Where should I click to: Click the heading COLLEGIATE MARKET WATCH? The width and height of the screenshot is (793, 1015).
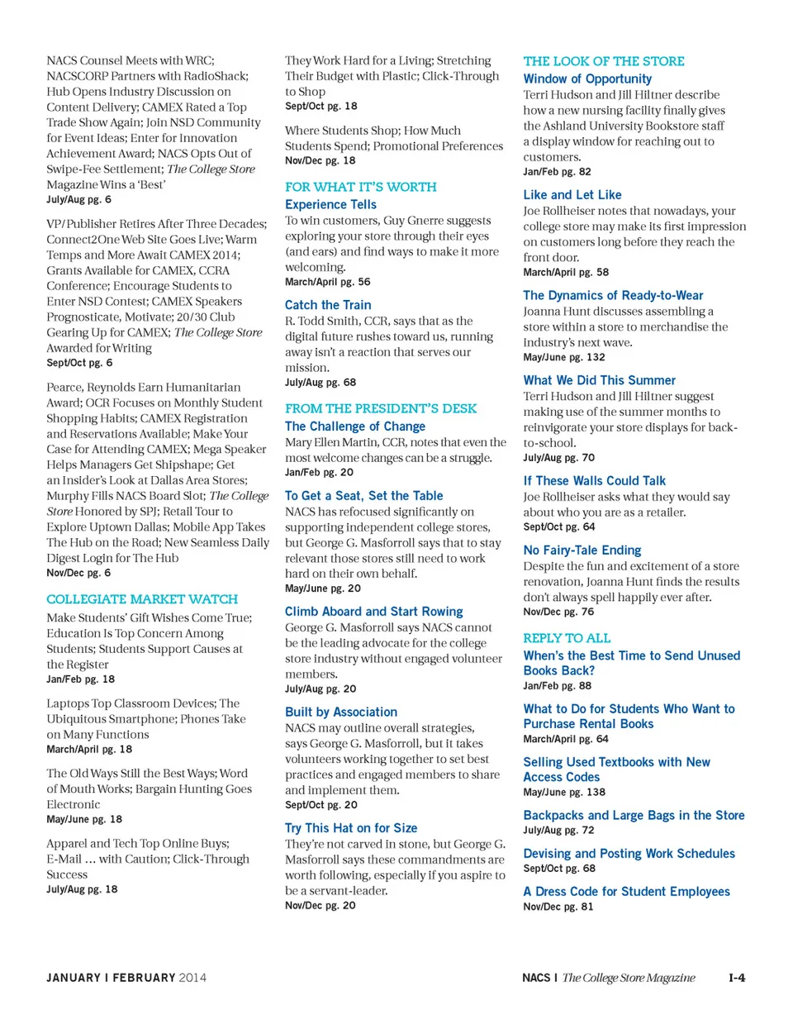[x=142, y=598]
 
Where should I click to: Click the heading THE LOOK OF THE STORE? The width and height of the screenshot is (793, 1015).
[x=604, y=61]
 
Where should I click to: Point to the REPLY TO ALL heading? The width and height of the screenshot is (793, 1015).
[x=567, y=638]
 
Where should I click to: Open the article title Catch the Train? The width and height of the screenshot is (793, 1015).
[x=328, y=305]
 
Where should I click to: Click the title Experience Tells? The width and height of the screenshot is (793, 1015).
[x=330, y=204]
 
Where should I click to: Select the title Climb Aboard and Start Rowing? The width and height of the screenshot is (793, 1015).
[x=373, y=612]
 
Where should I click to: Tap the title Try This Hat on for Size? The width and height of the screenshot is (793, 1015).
[x=351, y=827]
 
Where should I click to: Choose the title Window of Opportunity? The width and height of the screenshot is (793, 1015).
[x=587, y=79]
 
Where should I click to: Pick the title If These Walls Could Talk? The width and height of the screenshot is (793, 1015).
[x=595, y=480]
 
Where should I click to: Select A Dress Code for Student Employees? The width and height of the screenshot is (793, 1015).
[x=627, y=891]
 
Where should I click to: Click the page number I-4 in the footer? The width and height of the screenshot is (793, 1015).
[x=737, y=978]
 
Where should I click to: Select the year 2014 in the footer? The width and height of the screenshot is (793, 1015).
[x=192, y=978]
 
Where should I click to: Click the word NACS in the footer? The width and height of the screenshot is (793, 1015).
[x=537, y=978]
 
